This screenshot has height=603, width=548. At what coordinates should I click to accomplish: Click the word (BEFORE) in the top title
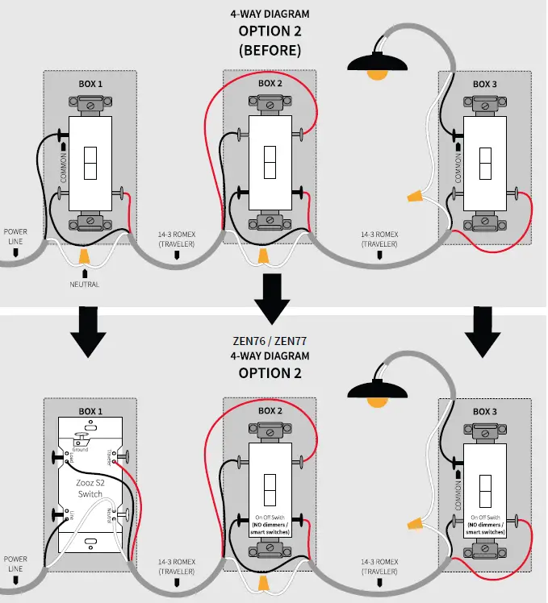[270, 50]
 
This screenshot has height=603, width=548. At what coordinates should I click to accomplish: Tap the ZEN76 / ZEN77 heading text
[270, 340]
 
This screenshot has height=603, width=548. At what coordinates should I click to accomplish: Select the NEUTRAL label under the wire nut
[84, 285]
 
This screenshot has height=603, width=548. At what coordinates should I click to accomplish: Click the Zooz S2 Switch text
[90, 487]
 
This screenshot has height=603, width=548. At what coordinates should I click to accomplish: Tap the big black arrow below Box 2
[270, 296]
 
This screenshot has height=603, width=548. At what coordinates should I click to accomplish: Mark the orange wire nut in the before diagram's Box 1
[84, 256]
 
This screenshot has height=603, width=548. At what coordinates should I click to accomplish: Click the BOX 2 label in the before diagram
[270, 83]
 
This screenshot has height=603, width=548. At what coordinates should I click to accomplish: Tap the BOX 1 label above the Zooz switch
[90, 411]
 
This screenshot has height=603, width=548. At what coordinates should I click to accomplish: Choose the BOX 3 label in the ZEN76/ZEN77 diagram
[484, 411]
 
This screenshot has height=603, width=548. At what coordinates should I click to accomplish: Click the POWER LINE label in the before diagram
[15, 236]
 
